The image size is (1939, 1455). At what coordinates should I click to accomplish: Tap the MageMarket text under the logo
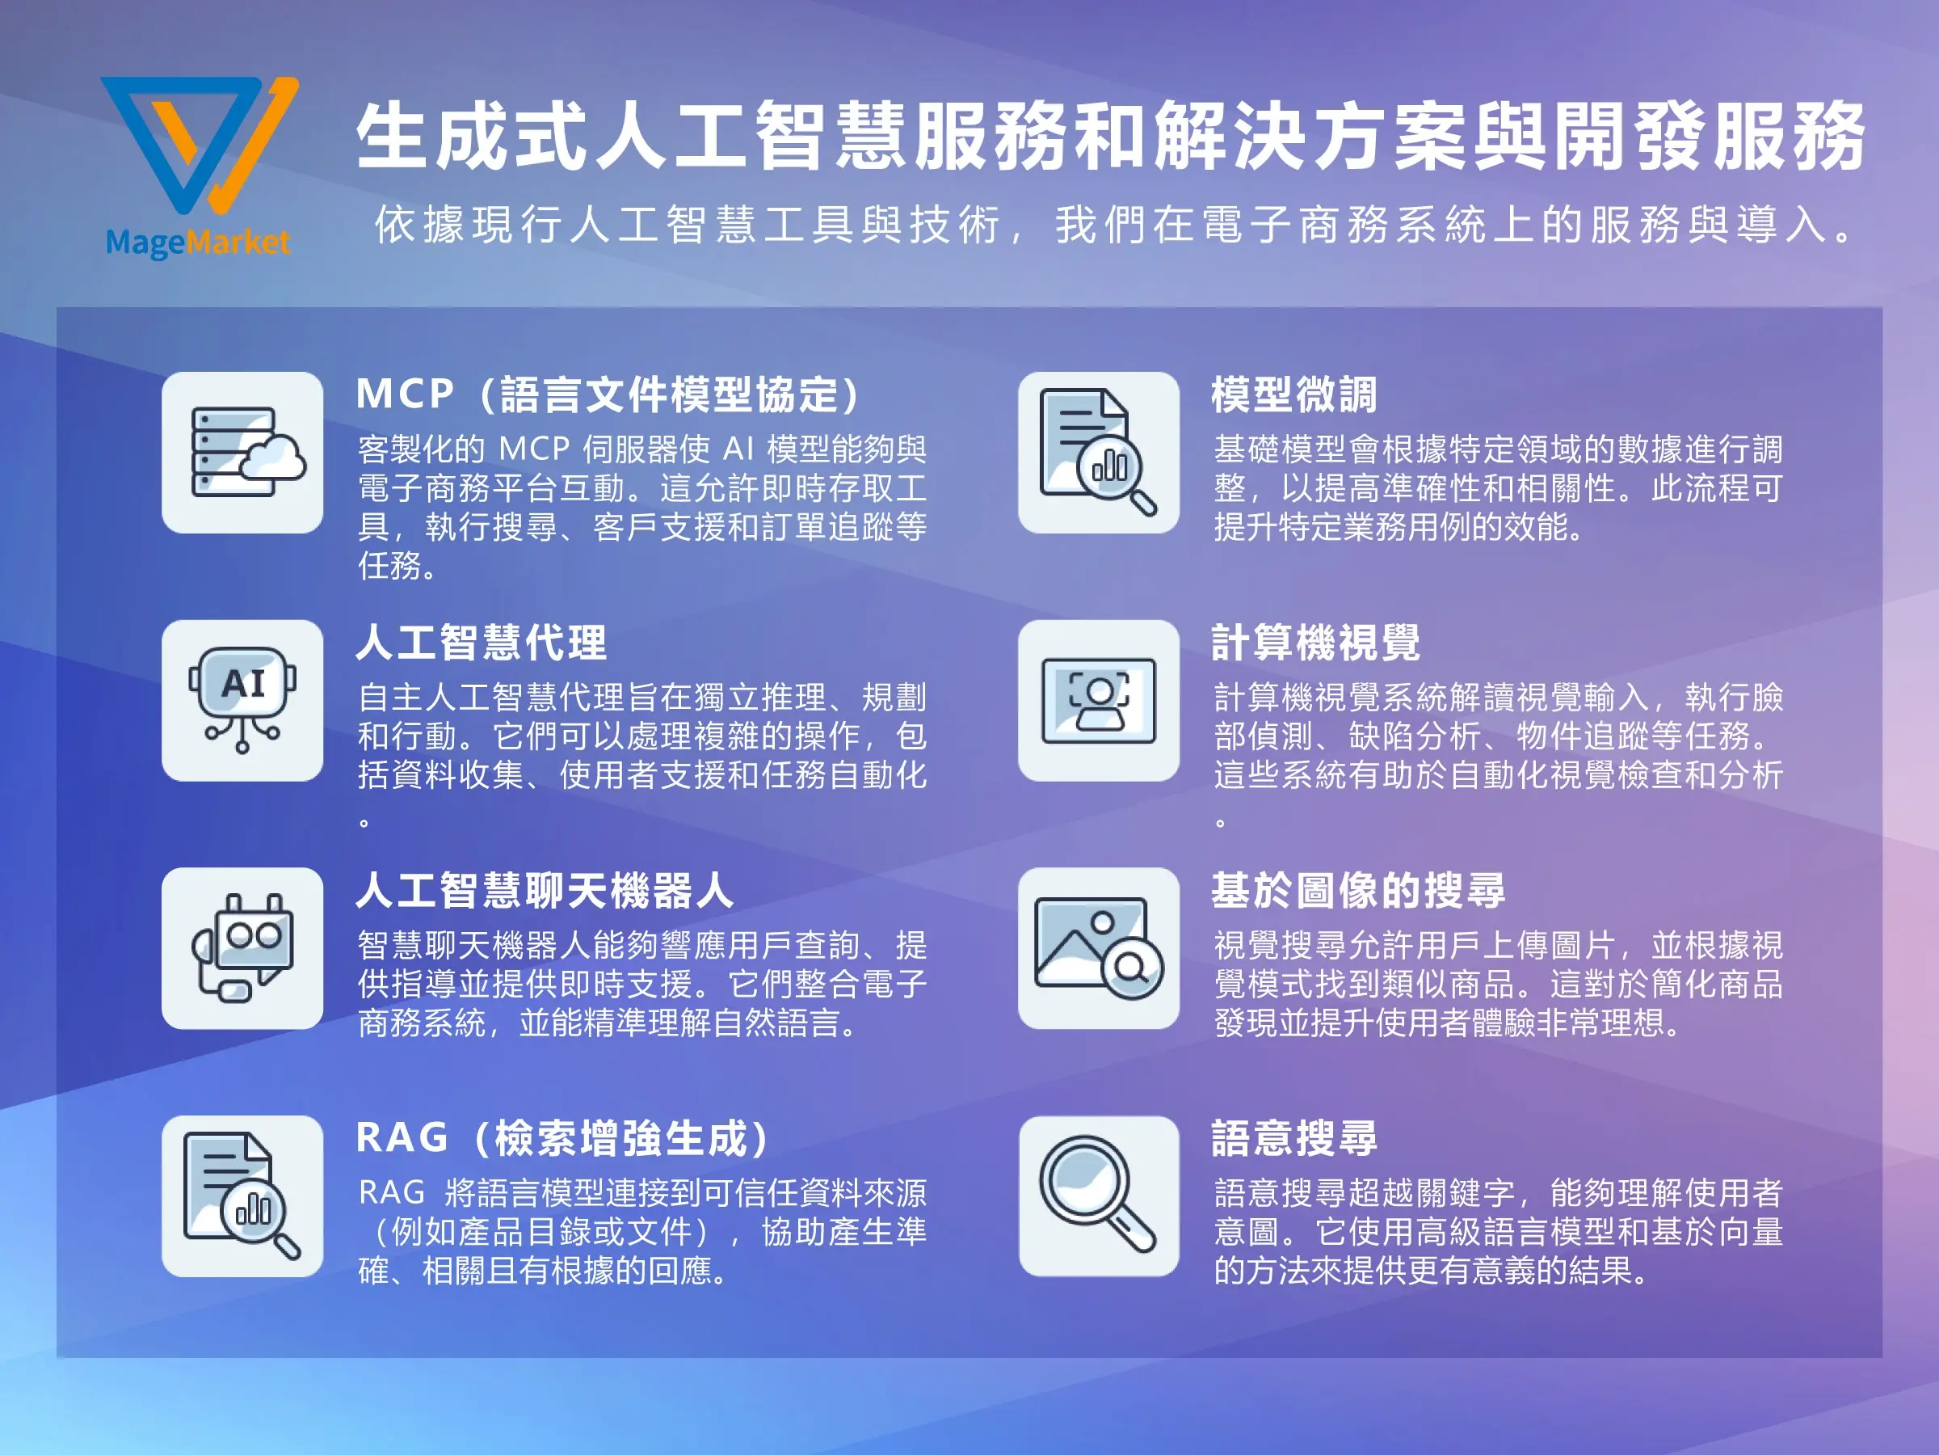pyautogui.click(x=197, y=241)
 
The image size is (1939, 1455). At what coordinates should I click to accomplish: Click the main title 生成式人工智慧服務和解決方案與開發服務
pyautogui.click(x=1110, y=136)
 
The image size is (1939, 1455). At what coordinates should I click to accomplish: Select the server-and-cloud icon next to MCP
pyautogui.click(x=243, y=453)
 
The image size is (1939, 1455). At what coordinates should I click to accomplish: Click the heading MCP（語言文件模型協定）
pyautogui.click(x=608, y=394)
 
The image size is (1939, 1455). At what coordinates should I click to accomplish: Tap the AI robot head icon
pyautogui.click(x=243, y=700)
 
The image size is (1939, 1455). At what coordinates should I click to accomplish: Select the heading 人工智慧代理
pyautogui.click(x=482, y=643)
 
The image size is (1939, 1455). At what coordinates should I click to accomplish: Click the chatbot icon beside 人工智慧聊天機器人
pyautogui.click(x=243, y=948)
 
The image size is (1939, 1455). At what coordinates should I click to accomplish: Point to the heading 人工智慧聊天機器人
pyautogui.click(x=545, y=891)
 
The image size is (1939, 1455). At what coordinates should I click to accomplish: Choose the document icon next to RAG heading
pyautogui.click(x=243, y=1196)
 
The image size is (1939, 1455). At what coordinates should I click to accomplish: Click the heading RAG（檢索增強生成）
pyautogui.click(x=563, y=1138)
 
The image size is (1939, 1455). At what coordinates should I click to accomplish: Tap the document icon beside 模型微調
pyautogui.click(x=1098, y=453)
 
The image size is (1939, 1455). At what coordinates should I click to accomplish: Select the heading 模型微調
pyautogui.click(x=1293, y=394)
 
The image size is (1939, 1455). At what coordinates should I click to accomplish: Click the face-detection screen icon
pyautogui.click(x=1098, y=700)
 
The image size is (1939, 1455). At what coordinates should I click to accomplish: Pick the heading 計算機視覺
pyautogui.click(x=1314, y=643)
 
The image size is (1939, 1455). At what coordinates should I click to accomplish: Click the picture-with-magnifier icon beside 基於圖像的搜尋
pyautogui.click(x=1098, y=948)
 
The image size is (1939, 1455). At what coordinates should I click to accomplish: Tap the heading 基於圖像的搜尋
pyautogui.click(x=1358, y=891)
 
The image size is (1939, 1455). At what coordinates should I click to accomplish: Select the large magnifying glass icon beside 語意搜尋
pyautogui.click(x=1098, y=1196)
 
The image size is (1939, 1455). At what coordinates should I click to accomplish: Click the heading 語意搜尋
pyautogui.click(x=1293, y=1138)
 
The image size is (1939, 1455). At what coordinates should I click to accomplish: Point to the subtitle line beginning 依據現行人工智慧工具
pyautogui.click(x=1113, y=225)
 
